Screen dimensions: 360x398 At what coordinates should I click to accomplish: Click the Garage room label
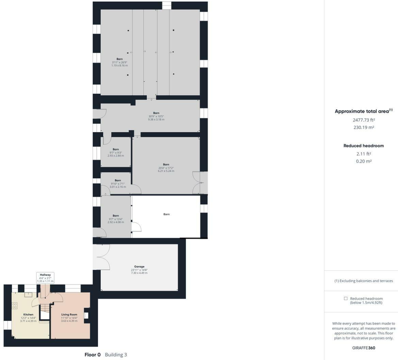tap(139, 266)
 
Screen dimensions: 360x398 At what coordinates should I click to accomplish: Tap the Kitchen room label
tap(28, 314)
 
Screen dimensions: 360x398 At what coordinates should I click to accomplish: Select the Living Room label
tap(69, 314)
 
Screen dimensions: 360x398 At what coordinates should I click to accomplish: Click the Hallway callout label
tap(45, 275)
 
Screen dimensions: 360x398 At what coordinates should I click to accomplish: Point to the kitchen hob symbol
tap(14, 306)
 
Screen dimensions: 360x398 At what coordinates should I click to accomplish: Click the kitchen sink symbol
tap(28, 295)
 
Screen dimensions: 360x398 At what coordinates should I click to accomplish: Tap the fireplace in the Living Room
tap(86, 315)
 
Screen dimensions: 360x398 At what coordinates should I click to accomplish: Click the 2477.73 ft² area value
tap(363, 120)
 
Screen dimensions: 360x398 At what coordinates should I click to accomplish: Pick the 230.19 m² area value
tap(363, 127)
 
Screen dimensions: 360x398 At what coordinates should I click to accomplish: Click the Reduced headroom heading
tap(363, 146)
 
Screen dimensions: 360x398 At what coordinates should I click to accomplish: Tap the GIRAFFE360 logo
tap(363, 348)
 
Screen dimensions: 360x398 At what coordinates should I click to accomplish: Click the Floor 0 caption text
tap(92, 355)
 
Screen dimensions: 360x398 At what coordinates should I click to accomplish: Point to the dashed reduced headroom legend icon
tap(346, 298)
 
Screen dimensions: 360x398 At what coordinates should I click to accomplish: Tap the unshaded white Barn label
tap(166, 214)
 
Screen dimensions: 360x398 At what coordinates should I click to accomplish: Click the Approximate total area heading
tap(363, 111)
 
